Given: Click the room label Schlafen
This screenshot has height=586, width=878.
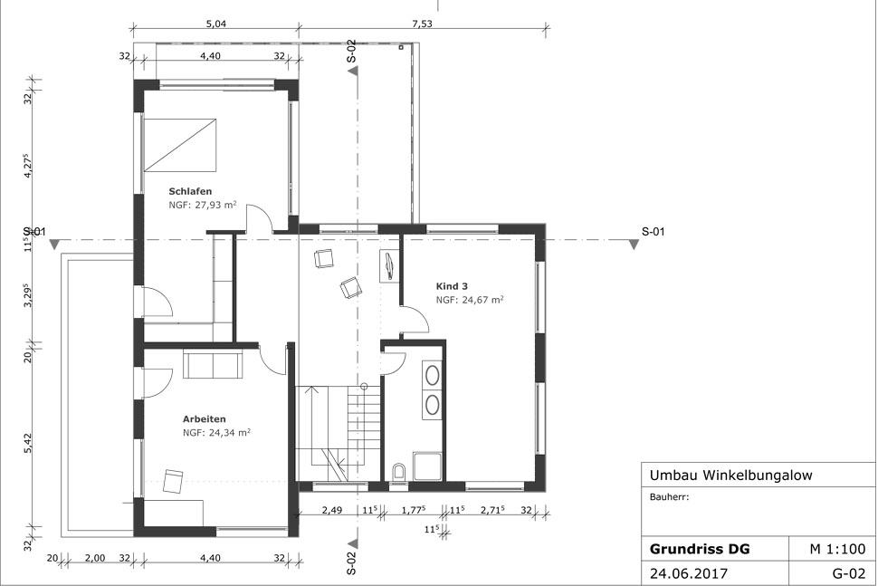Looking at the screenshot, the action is click(x=190, y=191).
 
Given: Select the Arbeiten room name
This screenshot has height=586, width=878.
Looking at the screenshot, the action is click(x=205, y=419).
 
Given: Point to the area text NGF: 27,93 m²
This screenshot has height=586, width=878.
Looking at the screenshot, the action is click(x=203, y=205).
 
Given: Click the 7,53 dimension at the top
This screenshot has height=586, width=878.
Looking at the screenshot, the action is click(x=422, y=24).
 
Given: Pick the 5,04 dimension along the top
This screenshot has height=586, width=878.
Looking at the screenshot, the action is click(x=216, y=24).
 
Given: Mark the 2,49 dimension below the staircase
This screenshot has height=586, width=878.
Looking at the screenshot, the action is click(x=332, y=510).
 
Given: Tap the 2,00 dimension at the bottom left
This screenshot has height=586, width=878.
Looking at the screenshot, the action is click(x=95, y=558).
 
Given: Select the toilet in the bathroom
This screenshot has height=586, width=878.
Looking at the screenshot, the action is click(x=398, y=472).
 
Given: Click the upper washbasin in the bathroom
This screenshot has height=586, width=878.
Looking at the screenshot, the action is click(x=432, y=375).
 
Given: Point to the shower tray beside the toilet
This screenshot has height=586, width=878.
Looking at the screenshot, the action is click(x=428, y=466).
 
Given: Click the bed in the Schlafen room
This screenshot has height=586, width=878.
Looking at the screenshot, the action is click(x=180, y=145).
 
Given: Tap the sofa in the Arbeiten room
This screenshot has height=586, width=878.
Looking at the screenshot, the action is click(x=213, y=365).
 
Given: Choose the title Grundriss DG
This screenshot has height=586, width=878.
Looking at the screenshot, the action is click(x=700, y=549).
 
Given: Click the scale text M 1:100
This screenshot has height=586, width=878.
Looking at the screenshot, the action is click(x=837, y=549).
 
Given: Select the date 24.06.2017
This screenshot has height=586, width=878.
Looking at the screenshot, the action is click(x=689, y=574).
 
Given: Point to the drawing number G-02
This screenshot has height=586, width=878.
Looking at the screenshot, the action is click(x=849, y=574).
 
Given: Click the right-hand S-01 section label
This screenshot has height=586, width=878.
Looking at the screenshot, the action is click(x=653, y=231).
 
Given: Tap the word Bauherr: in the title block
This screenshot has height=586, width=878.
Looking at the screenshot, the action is click(x=669, y=497).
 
